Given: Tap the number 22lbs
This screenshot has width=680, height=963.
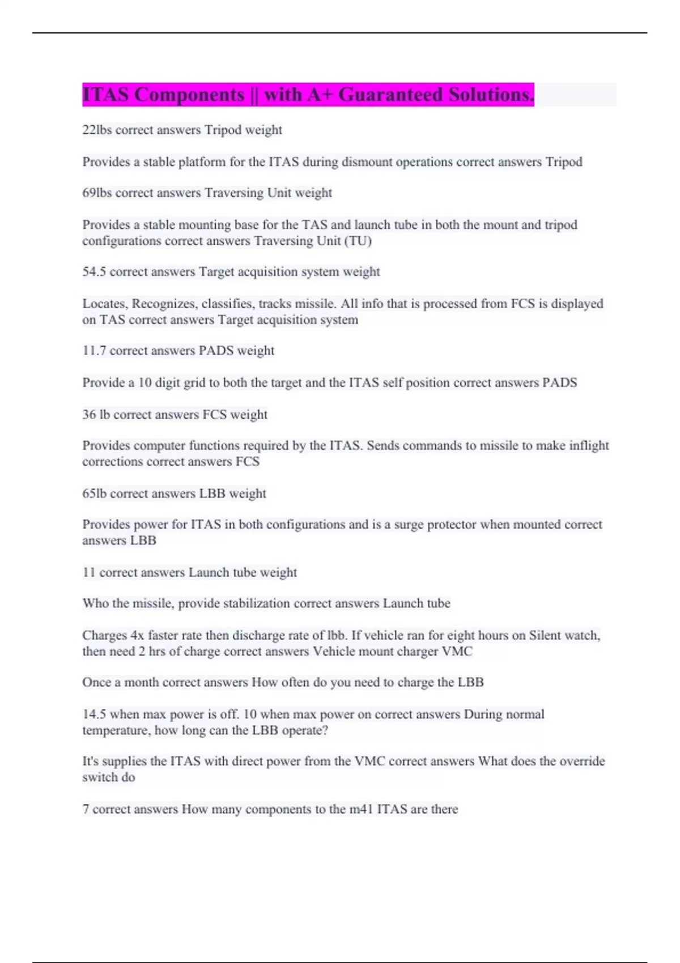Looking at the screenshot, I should tap(97, 130).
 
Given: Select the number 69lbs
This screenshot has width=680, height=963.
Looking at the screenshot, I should tap(97, 193).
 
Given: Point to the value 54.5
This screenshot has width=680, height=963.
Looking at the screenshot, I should tap(94, 272).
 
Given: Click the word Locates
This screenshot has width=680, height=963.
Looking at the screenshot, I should tap(105, 304).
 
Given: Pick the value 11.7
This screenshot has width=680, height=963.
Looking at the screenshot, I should tap(94, 351).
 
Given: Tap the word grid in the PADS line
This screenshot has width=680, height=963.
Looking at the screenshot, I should tap(195, 382).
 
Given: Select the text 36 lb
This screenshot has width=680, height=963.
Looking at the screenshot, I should tap(96, 415).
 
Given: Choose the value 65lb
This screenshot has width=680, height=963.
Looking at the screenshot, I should tap(94, 493).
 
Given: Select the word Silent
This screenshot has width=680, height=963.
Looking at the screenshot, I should tap(545, 635).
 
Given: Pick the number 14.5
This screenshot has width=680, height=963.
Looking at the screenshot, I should tap(94, 714).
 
